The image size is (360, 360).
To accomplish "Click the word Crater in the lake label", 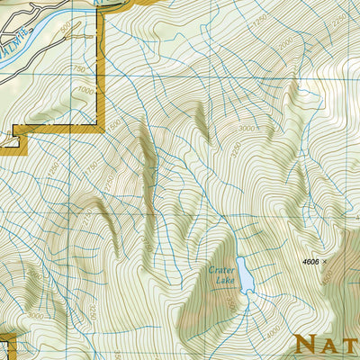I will (x=221, y=268).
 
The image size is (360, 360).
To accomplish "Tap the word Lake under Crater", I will (x=223, y=280).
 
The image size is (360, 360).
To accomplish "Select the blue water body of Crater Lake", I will (x=243, y=271).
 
